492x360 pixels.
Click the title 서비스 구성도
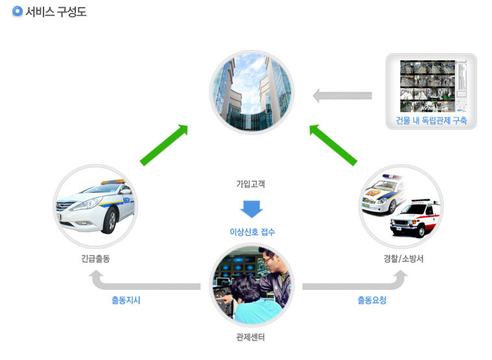[56, 12]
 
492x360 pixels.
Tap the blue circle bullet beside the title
[18, 11]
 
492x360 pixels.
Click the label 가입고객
[251, 184]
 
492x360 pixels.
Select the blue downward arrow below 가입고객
[252, 209]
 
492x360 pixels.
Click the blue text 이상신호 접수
[252, 232]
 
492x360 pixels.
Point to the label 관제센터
[251, 337]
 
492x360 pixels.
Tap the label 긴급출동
[95, 259]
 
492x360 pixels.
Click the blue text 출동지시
[126, 300]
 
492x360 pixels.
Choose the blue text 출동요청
[372, 300]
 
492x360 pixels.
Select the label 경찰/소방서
[404, 259]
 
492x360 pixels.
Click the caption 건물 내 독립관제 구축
[431, 121]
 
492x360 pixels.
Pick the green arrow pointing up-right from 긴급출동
[164, 145]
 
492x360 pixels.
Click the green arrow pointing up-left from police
[333, 145]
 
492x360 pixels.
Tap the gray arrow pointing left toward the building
[342, 95]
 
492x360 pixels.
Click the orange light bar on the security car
[112, 182]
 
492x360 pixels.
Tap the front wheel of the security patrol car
[110, 220]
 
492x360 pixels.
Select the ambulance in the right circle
[415, 218]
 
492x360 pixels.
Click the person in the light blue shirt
[254, 301]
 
